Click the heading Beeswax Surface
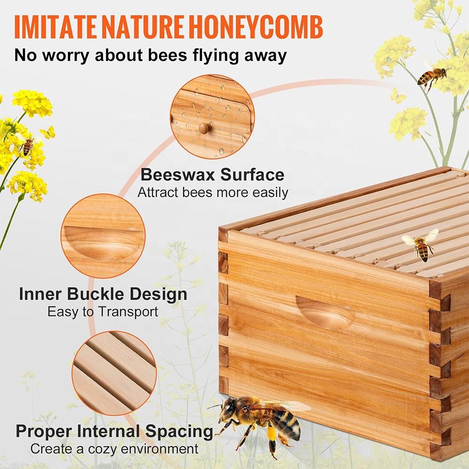(x=212, y=174)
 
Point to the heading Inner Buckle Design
(x=103, y=294)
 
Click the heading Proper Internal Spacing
(x=114, y=431)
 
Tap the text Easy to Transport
(x=103, y=312)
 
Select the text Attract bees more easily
(x=212, y=192)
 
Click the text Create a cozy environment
(x=114, y=449)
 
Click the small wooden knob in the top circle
(x=205, y=128)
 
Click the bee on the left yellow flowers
(x=27, y=146)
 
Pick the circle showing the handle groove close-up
(x=103, y=236)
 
